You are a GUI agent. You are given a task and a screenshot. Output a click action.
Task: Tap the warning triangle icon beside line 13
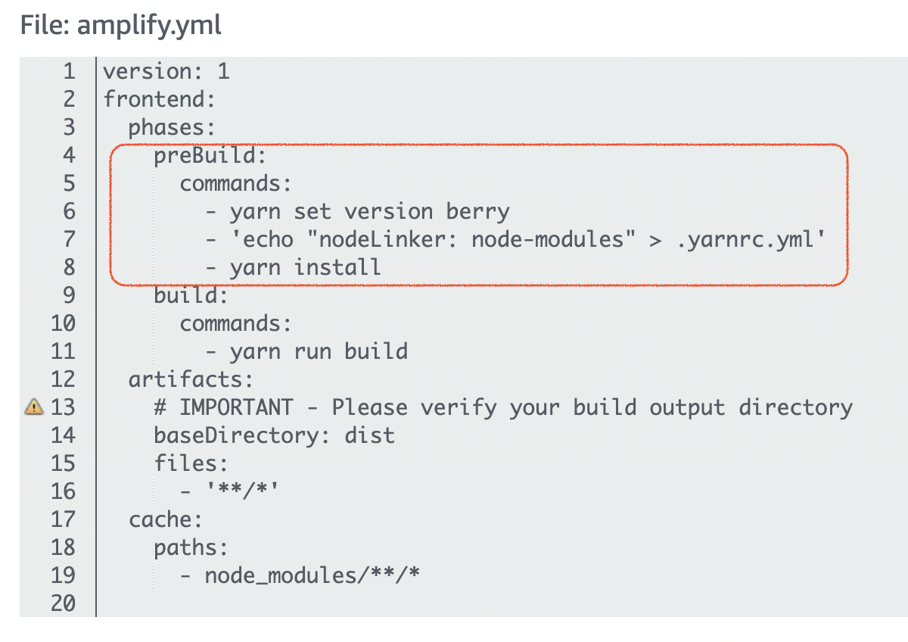pyautogui.click(x=33, y=407)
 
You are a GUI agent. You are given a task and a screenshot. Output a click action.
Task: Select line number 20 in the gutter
pyautogui.click(x=63, y=603)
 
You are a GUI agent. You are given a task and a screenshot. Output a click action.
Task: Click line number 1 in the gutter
pyautogui.click(x=70, y=72)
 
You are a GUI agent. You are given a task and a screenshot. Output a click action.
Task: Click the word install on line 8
pyautogui.click(x=337, y=267)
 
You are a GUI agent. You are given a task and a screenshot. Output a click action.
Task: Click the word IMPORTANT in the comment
pyautogui.click(x=235, y=407)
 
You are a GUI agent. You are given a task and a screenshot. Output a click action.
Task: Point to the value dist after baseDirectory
pyautogui.click(x=369, y=435)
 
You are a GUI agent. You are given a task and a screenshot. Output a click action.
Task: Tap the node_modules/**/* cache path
pyautogui.click(x=312, y=576)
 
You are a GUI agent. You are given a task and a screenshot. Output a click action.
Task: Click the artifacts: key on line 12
pyautogui.click(x=191, y=379)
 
